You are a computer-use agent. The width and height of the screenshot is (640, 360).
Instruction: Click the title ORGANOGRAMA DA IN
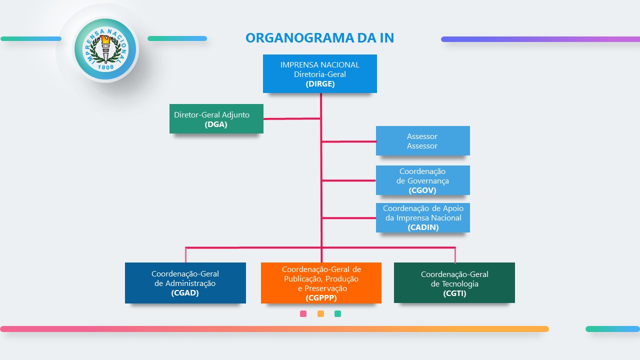pos(319,38)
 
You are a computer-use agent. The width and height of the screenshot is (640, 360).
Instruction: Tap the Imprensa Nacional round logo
pos(105,49)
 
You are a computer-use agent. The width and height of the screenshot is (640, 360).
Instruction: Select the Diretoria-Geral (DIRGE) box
pos(320,74)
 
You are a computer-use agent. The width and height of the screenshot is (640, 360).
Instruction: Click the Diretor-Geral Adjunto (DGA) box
pos(216,119)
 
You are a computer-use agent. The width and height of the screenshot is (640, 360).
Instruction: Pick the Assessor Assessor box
pos(422,141)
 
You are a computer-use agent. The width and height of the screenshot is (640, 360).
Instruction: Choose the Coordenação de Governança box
pos(422,180)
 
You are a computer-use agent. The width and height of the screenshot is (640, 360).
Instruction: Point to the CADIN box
pos(422,217)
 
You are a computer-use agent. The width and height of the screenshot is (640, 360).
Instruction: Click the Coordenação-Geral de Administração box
pos(185,283)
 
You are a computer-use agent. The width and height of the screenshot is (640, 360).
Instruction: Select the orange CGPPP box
pos(321,283)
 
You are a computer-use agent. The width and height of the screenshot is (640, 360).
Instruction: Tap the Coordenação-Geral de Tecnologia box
pos(454,283)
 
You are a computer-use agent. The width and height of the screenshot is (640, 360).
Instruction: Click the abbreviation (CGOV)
pos(422,190)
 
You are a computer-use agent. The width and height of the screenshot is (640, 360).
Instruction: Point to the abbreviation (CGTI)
pos(454,293)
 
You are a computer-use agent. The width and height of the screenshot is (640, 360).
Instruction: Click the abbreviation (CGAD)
pos(185,293)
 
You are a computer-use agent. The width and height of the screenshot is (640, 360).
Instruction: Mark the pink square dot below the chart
pos(303,314)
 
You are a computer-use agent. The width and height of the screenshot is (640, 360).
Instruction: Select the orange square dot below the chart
pos(320,314)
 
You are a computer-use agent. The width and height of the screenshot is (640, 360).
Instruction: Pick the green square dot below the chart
pos(337,314)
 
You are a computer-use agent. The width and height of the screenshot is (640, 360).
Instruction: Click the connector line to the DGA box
pos(291,119)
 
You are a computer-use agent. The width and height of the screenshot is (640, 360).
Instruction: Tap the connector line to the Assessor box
pos(349,141)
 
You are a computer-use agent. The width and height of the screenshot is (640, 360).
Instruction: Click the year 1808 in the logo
pos(105,66)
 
